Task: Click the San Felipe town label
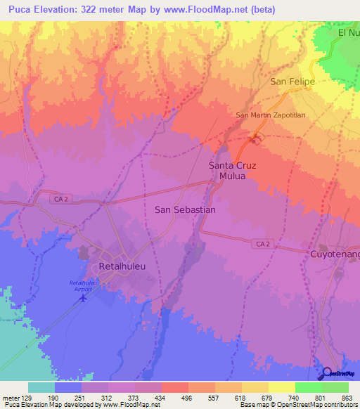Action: point(292,82)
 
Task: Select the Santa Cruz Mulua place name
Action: point(231,171)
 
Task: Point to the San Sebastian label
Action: point(184,209)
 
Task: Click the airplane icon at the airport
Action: point(84,298)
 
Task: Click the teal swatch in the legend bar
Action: point(41,387)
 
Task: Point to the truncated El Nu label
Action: point(348,32)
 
